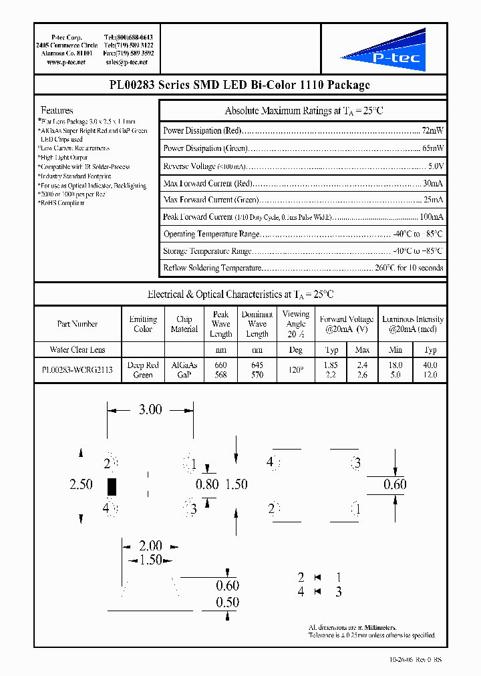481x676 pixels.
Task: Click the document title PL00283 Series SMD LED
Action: point(239,85)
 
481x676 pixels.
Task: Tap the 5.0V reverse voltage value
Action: point(436,166)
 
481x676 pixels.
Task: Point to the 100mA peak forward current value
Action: point(431,217)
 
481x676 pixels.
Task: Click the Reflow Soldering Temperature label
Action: point(211,268)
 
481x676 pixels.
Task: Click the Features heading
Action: point(57,110)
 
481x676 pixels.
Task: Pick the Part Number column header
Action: point(77,324)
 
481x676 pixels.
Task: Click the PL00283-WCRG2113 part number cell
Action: point(77,370)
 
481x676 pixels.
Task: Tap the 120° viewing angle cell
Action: point(295,370)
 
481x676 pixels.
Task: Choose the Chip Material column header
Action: point(184,324)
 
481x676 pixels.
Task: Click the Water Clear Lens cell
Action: point(77,349)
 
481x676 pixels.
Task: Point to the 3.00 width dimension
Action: point(150,410)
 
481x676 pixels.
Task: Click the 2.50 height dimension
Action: point(81,484)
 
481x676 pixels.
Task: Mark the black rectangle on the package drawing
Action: point(112,486)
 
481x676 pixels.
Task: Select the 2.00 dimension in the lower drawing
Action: point(150,546)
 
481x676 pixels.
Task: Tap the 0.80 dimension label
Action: point(207,485)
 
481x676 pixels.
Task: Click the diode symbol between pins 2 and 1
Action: point(319,577)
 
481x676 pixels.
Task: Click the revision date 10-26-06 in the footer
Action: point(403,660)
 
